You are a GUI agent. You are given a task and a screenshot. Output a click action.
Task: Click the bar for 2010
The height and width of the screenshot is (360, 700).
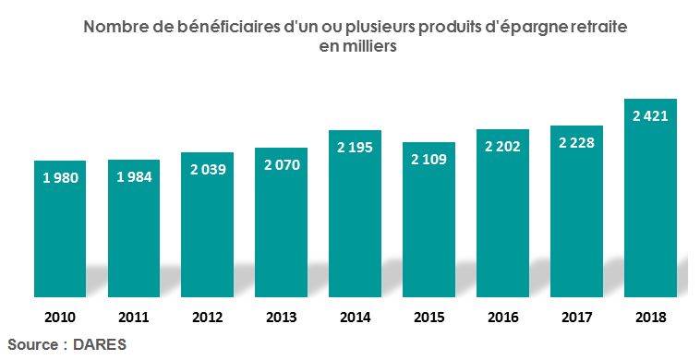pyautogui.click(x=60, y=231)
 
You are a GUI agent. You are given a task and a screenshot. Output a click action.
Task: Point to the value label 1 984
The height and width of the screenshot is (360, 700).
pyautogui.click(x=134, y=175)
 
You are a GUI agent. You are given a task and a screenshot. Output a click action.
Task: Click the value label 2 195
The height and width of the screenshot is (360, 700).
pyautogui.click(x=356, y=147)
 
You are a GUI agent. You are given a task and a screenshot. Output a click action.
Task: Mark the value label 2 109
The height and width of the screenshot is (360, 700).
pyautogui.click(x=429, y=159)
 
